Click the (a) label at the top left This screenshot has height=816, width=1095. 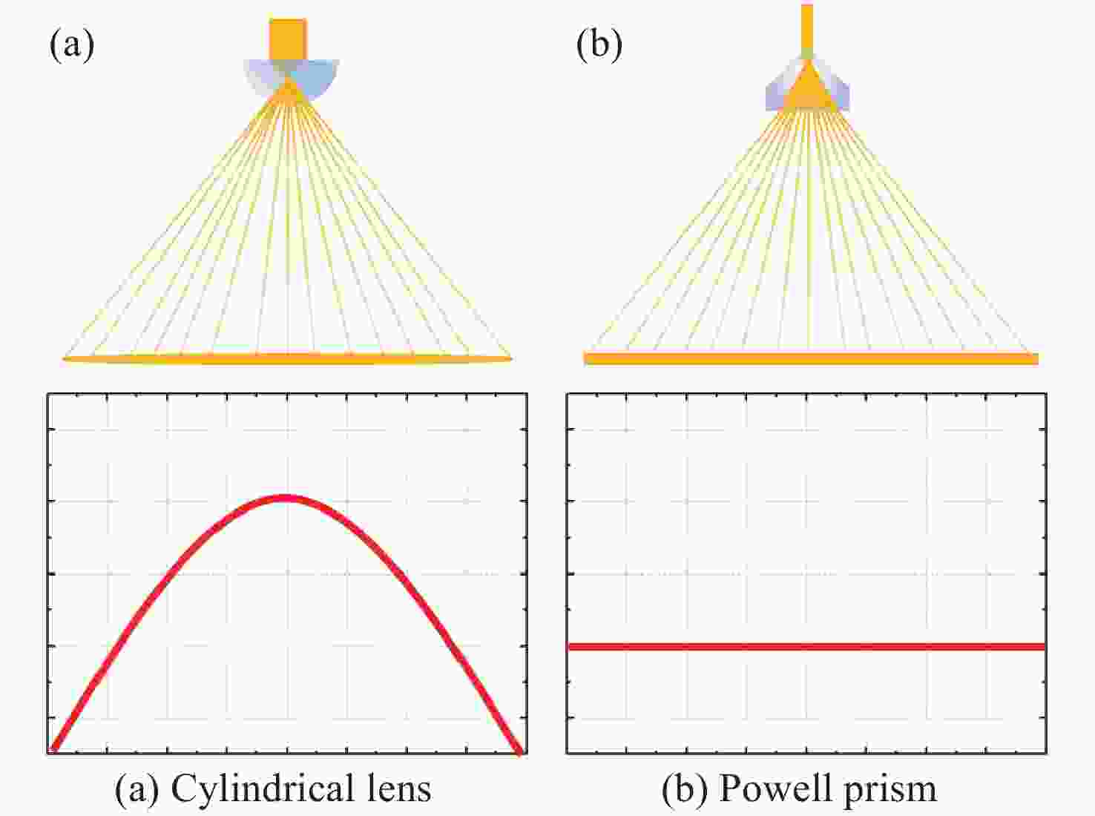(x=72, y=45)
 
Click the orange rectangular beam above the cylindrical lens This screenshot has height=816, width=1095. (x=288, y=40)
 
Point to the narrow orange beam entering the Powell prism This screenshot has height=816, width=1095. (x=806, y=27)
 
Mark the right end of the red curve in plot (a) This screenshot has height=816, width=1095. (x=520, y=751)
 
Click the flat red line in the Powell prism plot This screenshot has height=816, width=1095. (x=806, y=647)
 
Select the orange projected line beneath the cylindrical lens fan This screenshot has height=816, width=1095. (x=287, y=358)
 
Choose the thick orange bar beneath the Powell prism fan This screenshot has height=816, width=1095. (x=811, y=358)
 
